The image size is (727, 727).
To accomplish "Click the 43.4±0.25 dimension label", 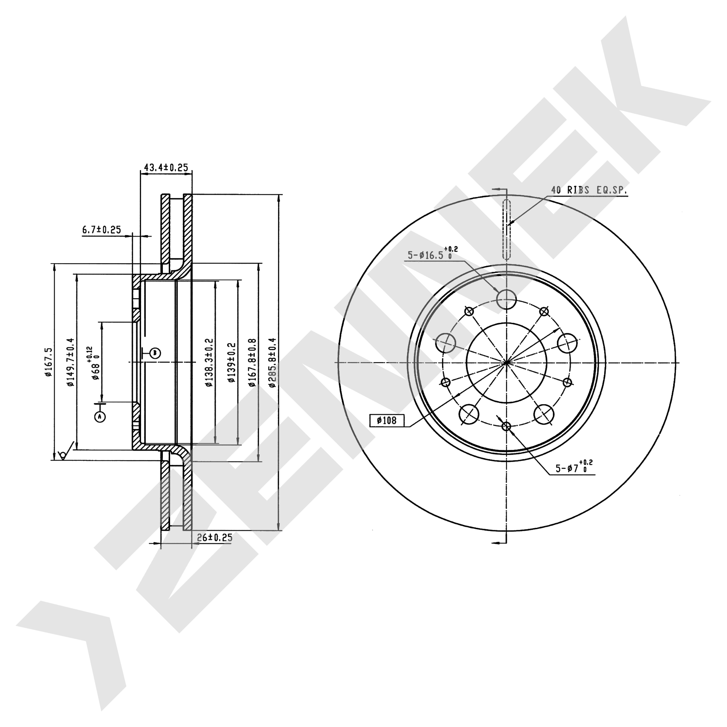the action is tap(166, 168).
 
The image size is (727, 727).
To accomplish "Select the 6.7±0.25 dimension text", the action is tap(101, 229).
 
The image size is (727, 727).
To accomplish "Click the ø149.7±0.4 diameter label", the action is tap(70, 362).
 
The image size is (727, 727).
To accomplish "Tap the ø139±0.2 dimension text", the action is tap(231, 362).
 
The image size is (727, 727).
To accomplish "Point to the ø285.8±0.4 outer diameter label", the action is tap(272, 362).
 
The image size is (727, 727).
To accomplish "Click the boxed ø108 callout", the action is tap(386, 420).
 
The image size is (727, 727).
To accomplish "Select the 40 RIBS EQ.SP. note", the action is tap(589, 190).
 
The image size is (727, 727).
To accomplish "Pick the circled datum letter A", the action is tap(100, 416).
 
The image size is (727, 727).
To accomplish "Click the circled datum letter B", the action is tap(155, 353).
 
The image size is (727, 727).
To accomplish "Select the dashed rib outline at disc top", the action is tap(507, 229).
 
